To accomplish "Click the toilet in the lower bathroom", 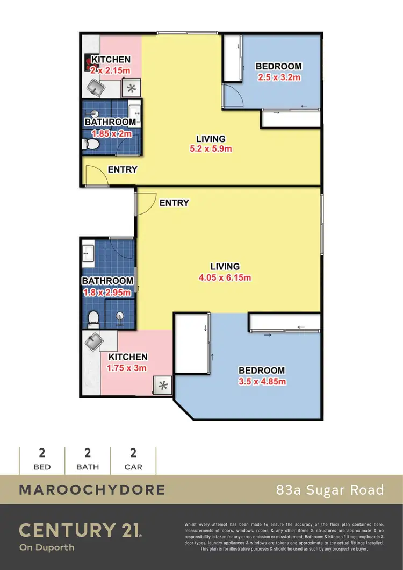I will [92, 318].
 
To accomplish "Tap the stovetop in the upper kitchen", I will [88, 63].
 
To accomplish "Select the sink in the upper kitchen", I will [96, 86].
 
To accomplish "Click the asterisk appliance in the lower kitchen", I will [163, 386].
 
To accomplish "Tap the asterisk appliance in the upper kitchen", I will [130, 89].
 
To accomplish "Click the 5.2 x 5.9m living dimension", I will [211, 148].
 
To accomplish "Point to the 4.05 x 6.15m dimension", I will [225, 277].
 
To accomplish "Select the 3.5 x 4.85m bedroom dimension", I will [261, 381].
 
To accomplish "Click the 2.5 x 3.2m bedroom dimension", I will [278, 77].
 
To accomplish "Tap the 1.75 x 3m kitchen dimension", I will [128, 368].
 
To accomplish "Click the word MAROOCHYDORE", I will [92, 490].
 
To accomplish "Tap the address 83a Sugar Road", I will [330, 490].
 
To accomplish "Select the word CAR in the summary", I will [133, 467].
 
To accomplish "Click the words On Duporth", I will [46, 548].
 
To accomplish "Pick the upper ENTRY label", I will [123, 169].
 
